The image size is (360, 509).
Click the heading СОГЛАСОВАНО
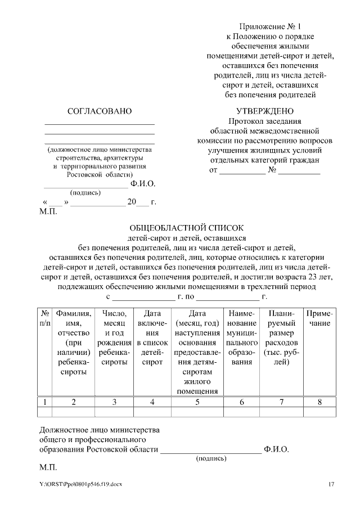pyautogui.click(x=99, y=111)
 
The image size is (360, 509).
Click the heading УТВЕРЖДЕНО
pyautogui.click(x=265, y=111)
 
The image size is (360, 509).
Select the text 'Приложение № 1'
pyautogui.click(x=270, y=27)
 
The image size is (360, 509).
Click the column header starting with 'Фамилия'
pyautogui.click(x=74, y=343)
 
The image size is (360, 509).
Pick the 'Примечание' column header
pyautogui.click(x=319, y=318)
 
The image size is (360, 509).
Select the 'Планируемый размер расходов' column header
pyautogui.click(x=281, y=337)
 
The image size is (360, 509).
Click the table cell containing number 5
pyautogui.click(x=197, y=402)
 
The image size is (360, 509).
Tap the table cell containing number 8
pyautogui.click(x=319, y=402)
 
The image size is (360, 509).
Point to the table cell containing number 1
pyautogui.click(x=44, y=402)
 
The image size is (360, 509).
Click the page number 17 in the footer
pyautogui.click(x=331, y=484)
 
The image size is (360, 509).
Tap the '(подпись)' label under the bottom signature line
pyautogui.click(x=211, y=459)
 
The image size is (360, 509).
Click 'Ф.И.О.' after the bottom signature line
pyautogui.click(x=276, y=450)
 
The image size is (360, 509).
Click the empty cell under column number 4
pyautogui.click(x=153, y=412)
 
